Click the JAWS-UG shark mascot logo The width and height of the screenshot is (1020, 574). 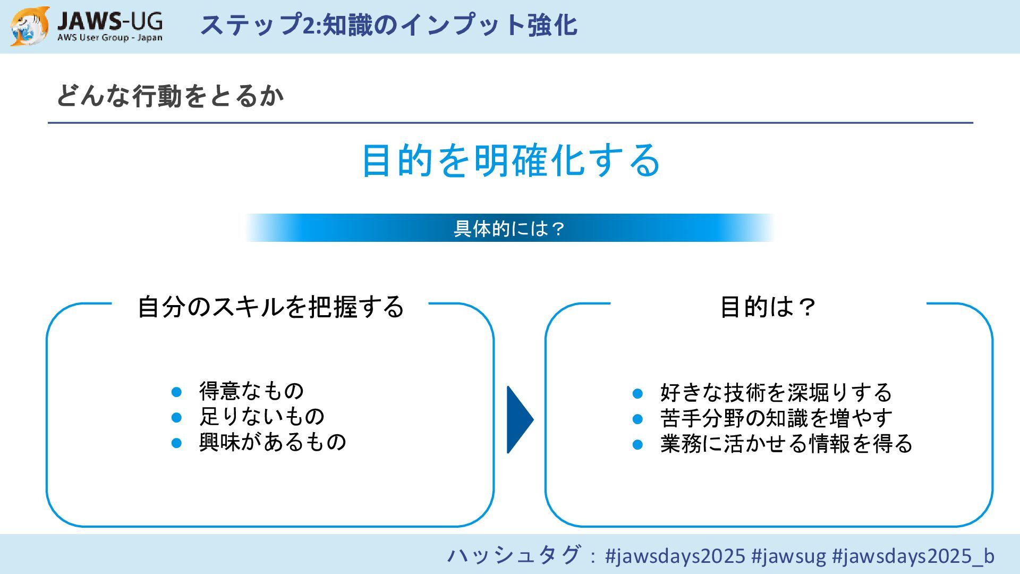[30, 26]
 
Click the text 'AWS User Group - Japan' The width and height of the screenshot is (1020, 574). [110, 38]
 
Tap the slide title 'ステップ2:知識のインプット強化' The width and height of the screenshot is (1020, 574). [388, 25]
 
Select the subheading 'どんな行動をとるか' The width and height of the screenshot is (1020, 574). [170, 96]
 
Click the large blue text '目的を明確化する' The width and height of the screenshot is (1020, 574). [511, 160]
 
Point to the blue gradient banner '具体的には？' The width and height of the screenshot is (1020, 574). [509, 228]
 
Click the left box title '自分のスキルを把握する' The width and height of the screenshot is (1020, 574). [270, 307]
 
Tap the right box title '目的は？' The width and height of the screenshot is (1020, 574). [768, 307]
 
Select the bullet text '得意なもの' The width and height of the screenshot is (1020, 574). [251, 391]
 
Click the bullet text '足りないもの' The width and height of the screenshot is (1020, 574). [261, 417]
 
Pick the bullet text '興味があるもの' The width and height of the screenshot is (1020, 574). [273, 442]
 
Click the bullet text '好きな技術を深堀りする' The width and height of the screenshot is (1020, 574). [776, 393]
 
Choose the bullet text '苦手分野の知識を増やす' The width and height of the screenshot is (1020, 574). [776, 418]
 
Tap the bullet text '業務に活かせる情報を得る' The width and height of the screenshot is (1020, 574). [786, 444]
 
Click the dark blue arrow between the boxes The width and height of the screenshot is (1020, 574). [519, 419]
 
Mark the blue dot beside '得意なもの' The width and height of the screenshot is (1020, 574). [177, 392]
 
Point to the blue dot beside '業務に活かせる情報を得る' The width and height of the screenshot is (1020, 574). [638, 445]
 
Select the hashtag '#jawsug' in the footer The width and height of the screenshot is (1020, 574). [788, 556]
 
